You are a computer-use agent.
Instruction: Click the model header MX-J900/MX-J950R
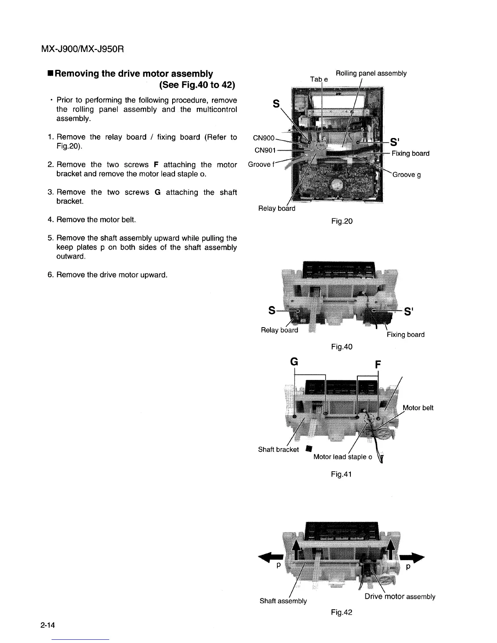coord(82,49)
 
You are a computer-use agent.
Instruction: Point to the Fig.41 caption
coord(341,474)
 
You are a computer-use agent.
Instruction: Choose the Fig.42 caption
coord(341,612)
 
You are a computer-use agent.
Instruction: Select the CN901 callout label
coord(265,151)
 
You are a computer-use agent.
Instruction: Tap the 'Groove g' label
coord(406,175)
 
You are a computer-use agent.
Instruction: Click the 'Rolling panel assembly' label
coord(371,73)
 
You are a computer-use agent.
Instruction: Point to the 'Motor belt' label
coord(418,408)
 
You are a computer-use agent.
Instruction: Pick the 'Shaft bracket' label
coord(279,449)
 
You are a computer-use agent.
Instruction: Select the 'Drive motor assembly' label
coord(400,596)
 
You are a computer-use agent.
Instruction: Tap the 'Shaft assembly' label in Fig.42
coord(283,601)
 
